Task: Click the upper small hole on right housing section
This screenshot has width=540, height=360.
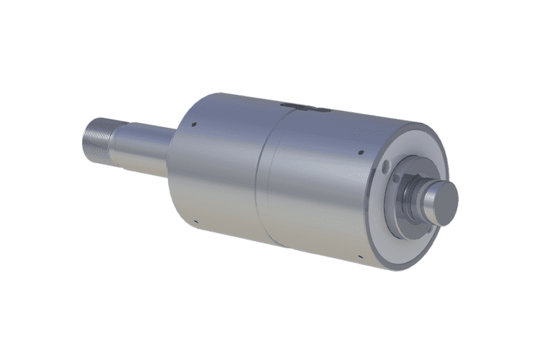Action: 361,150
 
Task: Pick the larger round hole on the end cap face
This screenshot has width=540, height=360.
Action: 386,166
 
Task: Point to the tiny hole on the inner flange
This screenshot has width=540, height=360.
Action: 399,178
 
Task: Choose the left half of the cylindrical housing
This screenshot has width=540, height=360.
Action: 218,176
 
